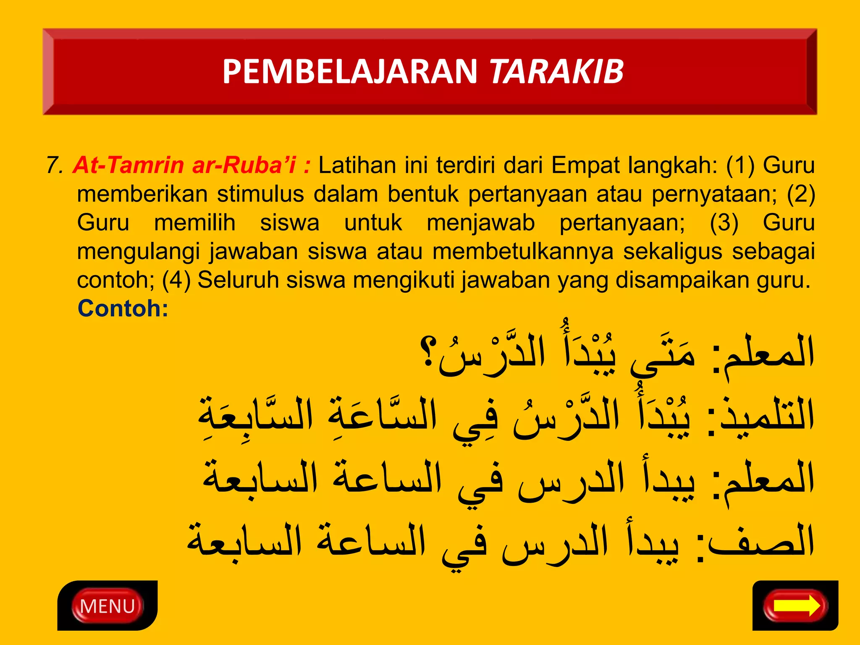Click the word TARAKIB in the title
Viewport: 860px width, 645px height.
point(556,71)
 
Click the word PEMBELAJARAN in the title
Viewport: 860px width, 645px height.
point(350,71)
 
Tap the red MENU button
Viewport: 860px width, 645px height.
point(107,606)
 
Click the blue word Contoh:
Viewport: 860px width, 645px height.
point(123,309)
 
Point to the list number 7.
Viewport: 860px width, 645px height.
point(54,165)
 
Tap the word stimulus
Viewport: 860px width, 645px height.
point(260,194)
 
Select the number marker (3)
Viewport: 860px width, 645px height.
point(724,223)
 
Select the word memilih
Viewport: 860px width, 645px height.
point(194,223)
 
